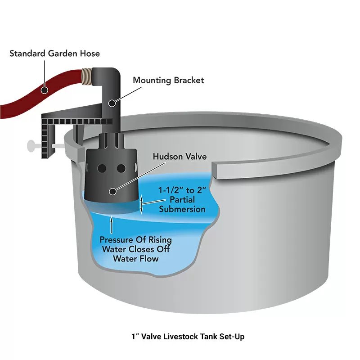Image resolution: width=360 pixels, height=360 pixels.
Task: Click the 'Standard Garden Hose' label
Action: point(55,54)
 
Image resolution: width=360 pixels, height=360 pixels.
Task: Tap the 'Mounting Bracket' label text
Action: point(168,81)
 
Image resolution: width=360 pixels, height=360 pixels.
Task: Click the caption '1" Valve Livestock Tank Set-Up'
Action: point(188,336)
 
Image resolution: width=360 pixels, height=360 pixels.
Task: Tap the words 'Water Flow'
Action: point(135,259)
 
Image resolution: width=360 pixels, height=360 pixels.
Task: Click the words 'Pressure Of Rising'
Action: point(135,240)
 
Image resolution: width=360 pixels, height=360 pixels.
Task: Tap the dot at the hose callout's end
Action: point(44,90)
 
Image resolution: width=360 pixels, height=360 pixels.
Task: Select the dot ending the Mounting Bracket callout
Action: point(112,103)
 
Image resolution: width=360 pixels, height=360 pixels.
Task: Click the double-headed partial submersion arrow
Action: point(142,205)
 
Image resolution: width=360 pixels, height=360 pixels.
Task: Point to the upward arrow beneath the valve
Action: point(111,223)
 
